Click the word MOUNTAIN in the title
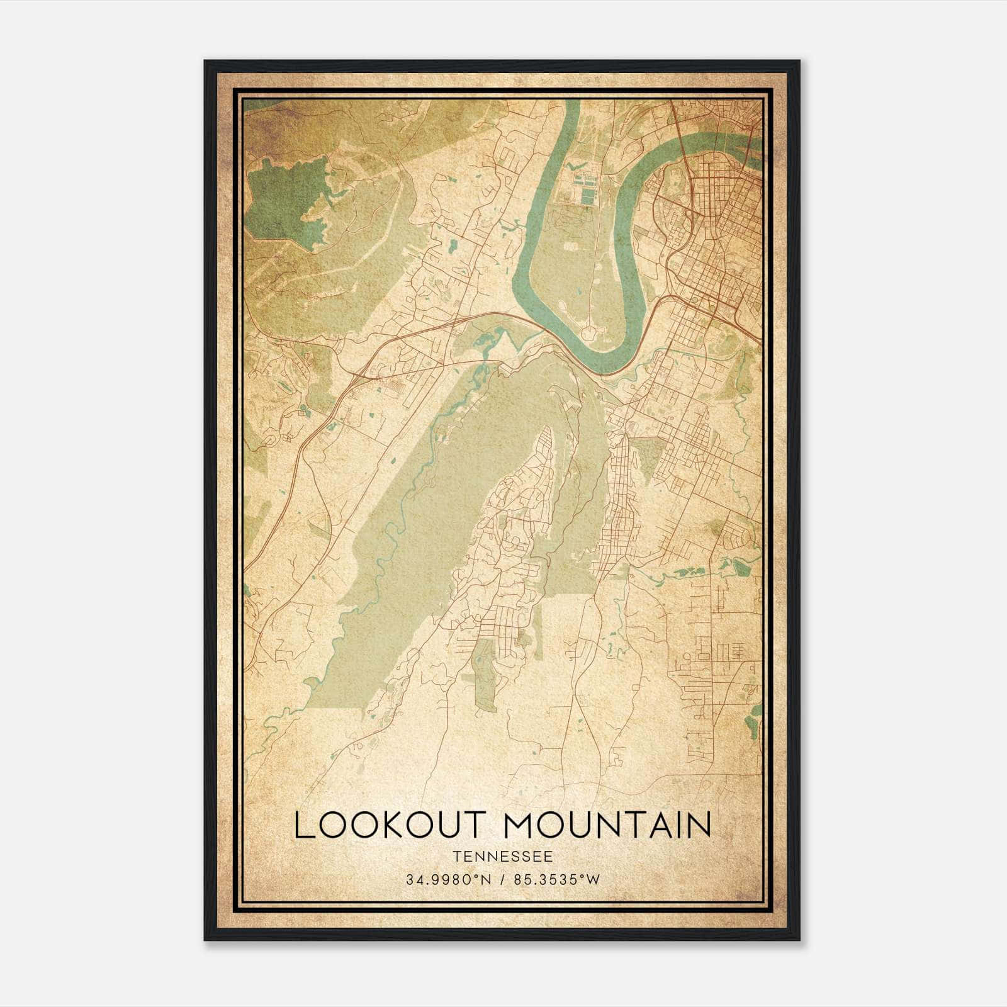click(x=608, y=826)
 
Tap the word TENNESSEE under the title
click(x=502, y=857)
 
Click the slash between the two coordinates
click(x=502, y=880)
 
